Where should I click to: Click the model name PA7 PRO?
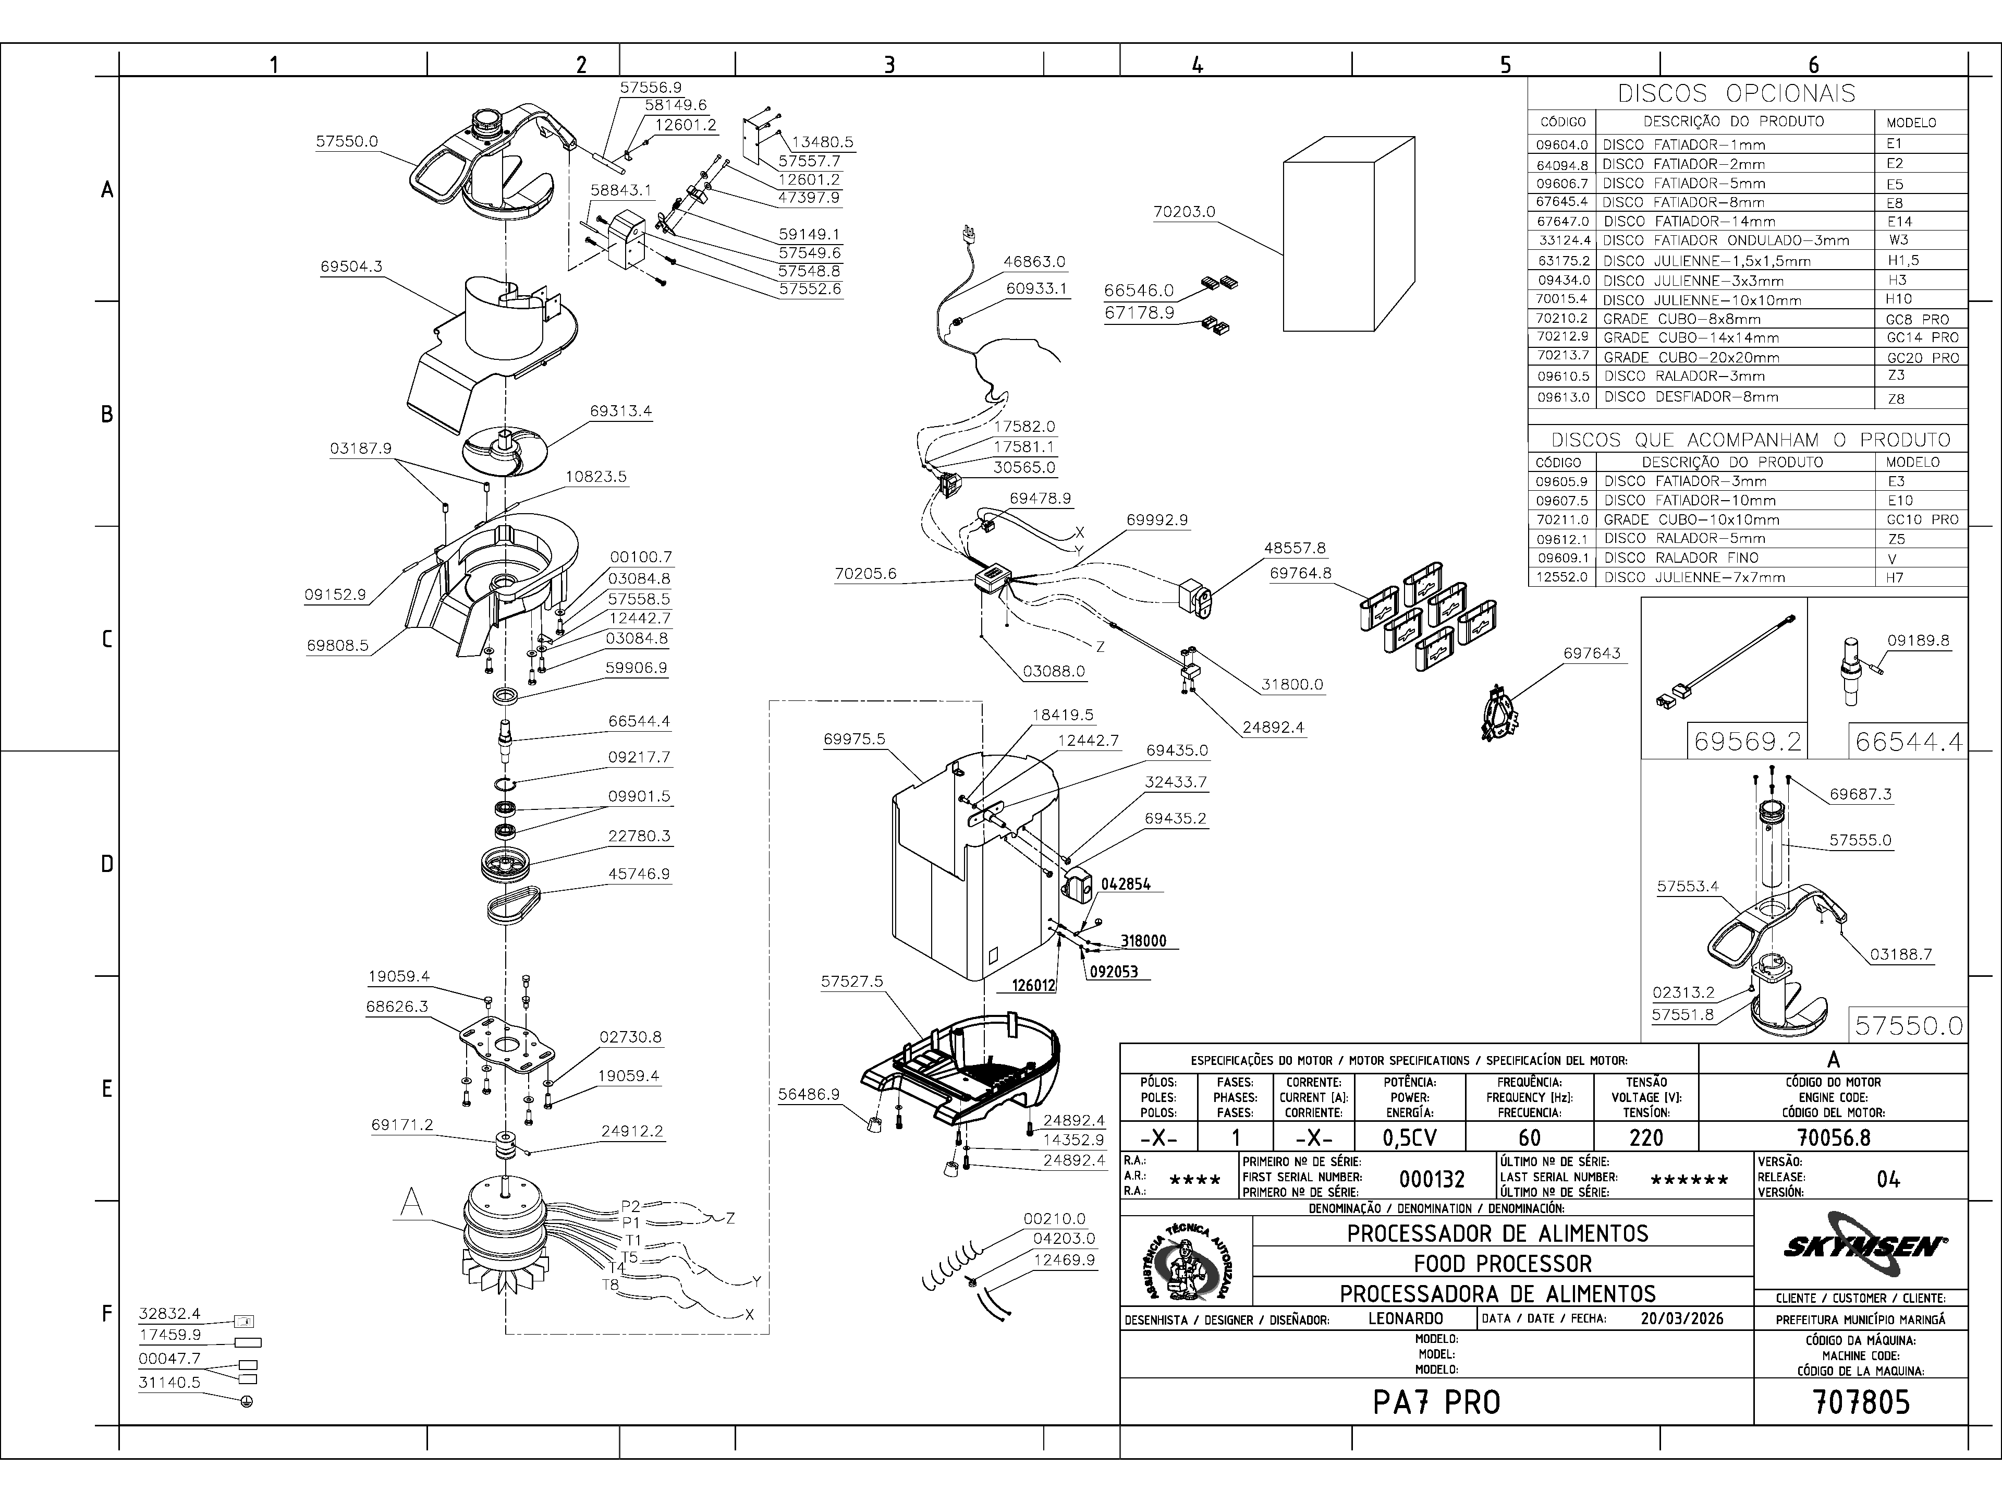tap(1436, 1402)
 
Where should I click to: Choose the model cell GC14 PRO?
tap(1921, 338)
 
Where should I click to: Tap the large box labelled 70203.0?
tap(1349, 243)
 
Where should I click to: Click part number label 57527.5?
tap(852, 982)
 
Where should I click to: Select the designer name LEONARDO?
tap(1406, 1318)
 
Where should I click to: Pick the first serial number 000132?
tap(1432, 1179)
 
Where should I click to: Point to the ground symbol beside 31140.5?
tap(247, 1401)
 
